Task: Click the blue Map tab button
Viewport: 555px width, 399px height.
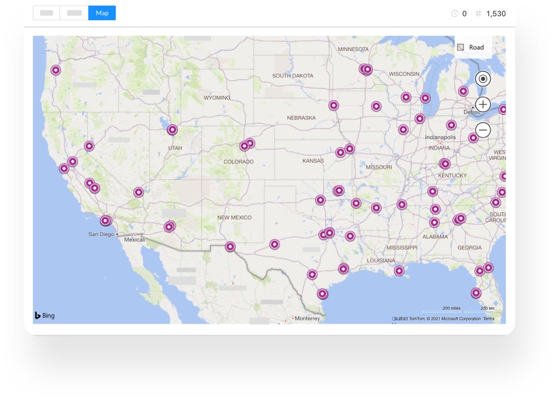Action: [x=102, y=13]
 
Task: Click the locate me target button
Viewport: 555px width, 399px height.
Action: [x=483, y=79]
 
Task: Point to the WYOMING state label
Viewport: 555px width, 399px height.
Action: [x=217, y=98]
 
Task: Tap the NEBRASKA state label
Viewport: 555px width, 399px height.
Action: [x=301, y=118]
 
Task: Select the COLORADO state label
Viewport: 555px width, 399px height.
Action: [x=239, y=162]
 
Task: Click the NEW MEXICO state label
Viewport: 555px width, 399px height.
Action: [x=234, y=217]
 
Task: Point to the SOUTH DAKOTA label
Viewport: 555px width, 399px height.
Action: [x=293, y=76]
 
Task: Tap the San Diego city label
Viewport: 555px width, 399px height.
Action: [x=101, y=234]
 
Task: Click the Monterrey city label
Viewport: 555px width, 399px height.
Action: [x=307, y=318]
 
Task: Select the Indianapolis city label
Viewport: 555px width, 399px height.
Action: [x=440, y=138]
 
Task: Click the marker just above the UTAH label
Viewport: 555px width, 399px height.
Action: [x=172, y=130]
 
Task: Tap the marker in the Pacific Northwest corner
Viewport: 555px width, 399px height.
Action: [x=56, y=70]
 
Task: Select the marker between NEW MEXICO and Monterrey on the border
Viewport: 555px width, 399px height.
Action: [x=230, y=247]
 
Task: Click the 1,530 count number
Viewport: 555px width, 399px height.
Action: [x=495, y=14]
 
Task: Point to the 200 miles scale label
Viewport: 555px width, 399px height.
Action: [x=451, y=309]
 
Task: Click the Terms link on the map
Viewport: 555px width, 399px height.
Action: [x=489, y=319]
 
